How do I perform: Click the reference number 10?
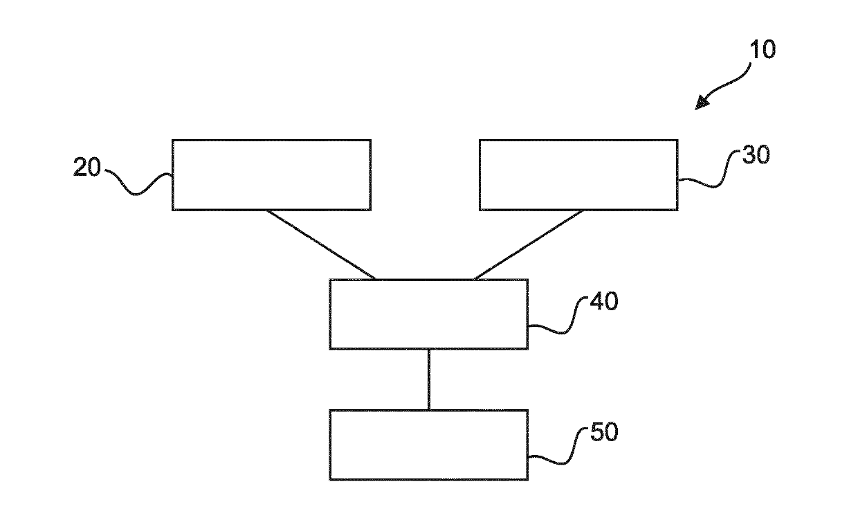(x=763, y=49)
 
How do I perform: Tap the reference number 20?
(x=87, y=167)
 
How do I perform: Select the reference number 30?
(x=756, y=155)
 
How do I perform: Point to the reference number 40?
(x=604, y=301)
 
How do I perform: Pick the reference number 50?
(x=605, y=432)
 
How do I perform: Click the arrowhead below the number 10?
(x=702, y=103)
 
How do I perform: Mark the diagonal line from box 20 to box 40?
(x=321, y=245)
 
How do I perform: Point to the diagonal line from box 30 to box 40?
(x=529, y=245)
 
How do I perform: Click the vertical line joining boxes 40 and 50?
(x=429, y=379)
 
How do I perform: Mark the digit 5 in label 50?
(x=598, y=432)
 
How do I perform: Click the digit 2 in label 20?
(x=80, y=167)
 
